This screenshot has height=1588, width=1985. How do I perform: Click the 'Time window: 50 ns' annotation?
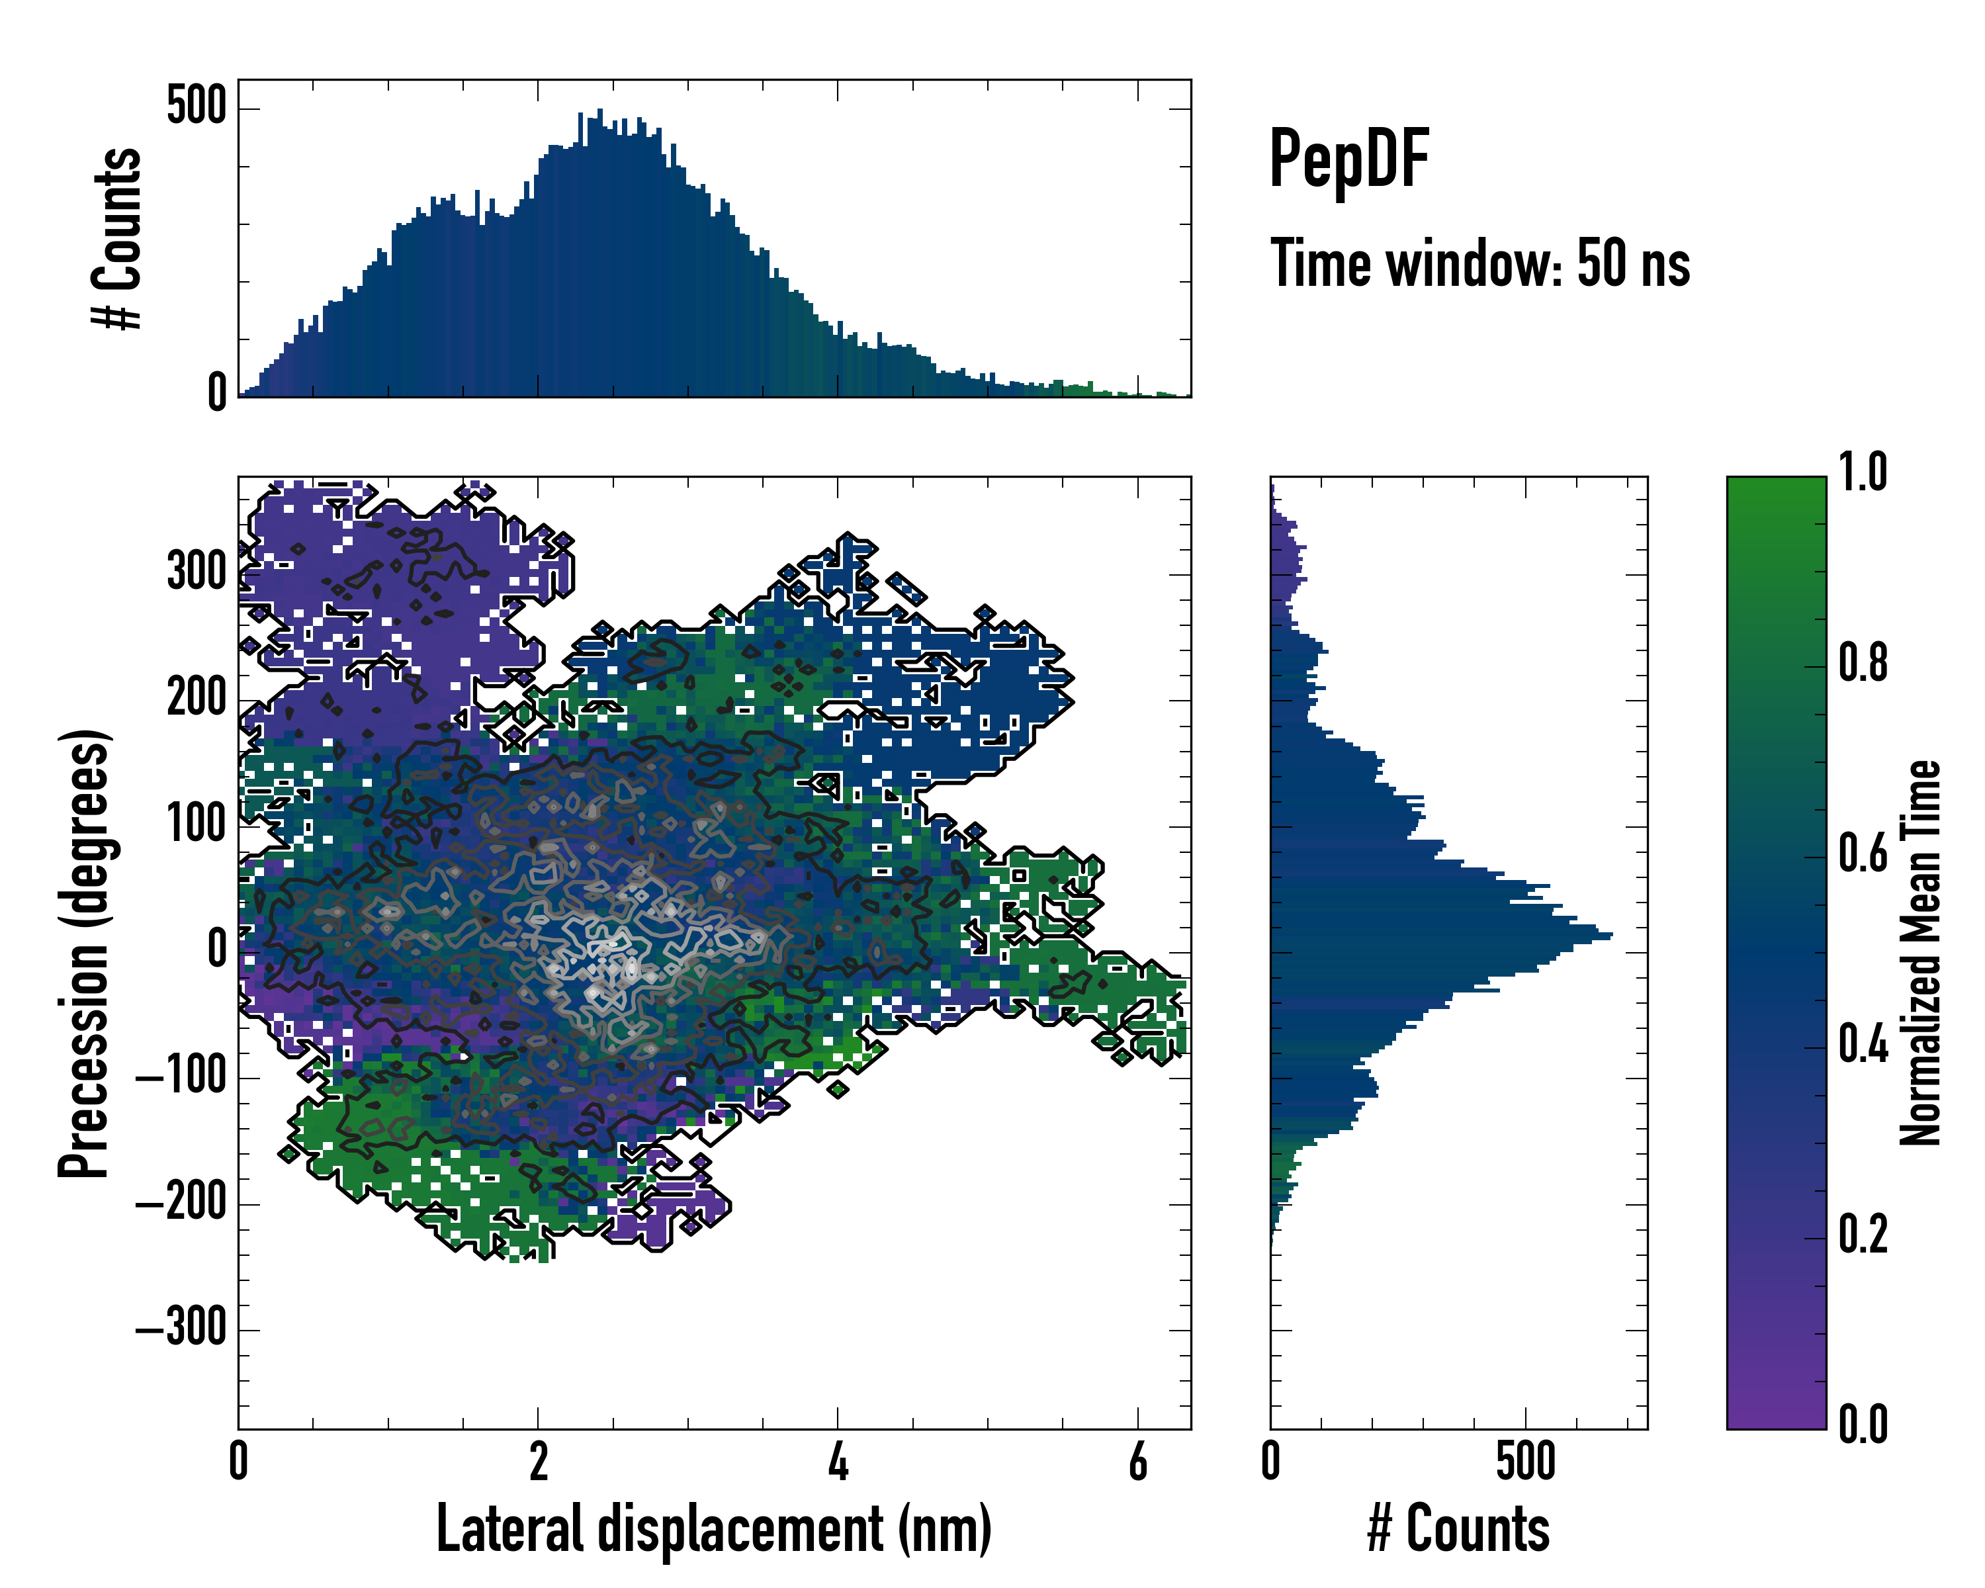[x=1479, y=264]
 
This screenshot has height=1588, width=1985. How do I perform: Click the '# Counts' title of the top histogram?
[x=117, y=238]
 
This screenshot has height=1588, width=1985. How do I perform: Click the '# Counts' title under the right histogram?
[x=1458, y=1528]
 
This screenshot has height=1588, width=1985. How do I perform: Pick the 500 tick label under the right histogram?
[x=1526, y=1461]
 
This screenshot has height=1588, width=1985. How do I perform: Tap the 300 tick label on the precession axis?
[x=196, y=572]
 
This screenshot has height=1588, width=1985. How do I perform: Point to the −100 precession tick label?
[x=181, y=1075]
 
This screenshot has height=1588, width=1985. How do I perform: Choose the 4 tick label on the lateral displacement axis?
[x=838, y=1461]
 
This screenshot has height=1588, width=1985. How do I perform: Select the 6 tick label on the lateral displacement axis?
[x=1138, y=1461]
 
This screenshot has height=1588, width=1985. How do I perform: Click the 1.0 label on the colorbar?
[x=1863, y=472]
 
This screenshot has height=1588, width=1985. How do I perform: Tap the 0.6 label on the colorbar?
[x=1863, y=854]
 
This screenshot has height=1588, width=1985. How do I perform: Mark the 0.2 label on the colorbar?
[x=1863, y=1235]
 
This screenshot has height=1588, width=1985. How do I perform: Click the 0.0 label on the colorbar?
[x=1863, y=1424]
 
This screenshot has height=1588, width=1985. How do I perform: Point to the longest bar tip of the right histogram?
[x=1610, y=936]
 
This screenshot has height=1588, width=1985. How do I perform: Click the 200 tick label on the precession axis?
[x=196, y=698]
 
